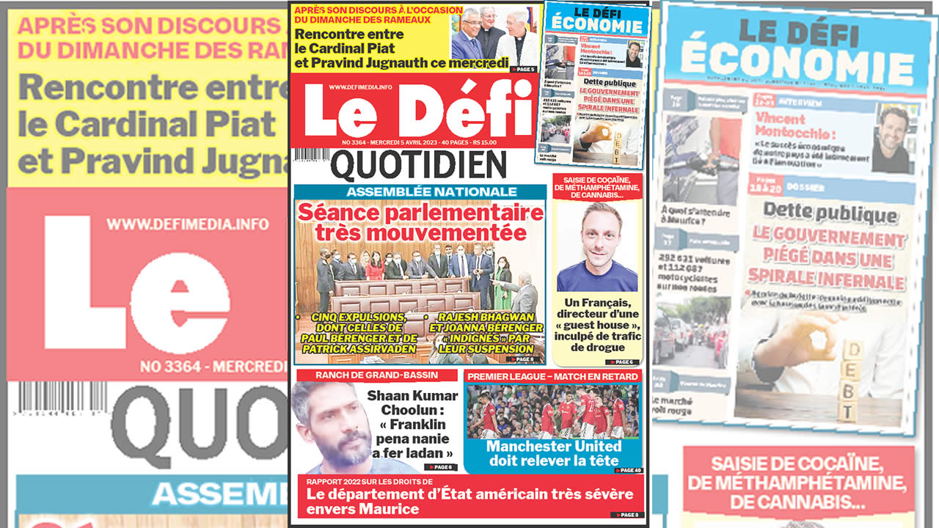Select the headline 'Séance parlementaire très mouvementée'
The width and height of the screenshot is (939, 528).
pos(420,222)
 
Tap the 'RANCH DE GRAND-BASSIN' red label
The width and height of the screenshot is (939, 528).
pos(376,375)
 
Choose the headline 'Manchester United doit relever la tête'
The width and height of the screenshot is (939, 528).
pos(553,453)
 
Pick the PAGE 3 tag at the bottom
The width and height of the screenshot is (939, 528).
pos(627,515)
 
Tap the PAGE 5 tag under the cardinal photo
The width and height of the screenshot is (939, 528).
pos(524,70)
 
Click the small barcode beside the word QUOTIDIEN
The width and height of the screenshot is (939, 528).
pos(311,155)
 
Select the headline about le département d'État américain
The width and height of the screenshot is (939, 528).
pos(469,501)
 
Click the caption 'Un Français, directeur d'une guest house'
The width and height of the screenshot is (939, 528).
pos(598,325)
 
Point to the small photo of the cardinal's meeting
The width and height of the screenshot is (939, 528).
pos(494,34)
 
